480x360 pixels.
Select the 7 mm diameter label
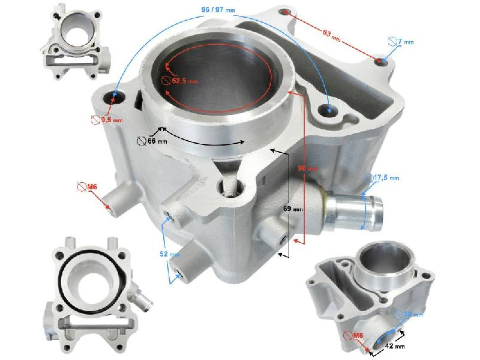click(405, 42)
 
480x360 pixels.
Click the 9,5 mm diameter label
click(111, 120)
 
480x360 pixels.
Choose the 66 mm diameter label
click(157, 142)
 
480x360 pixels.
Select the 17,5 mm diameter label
click(387, 178)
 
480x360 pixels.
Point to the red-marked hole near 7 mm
click(382, 61)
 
